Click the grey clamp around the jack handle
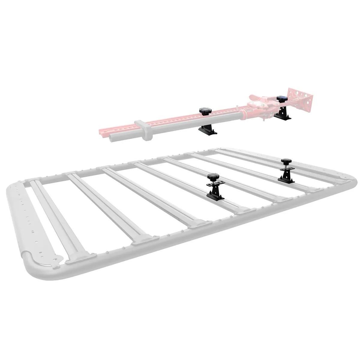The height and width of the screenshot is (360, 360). coord(143,130)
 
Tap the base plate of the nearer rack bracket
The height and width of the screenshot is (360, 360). coord(215,195)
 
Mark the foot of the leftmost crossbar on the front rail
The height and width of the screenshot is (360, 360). coord(79,258)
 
